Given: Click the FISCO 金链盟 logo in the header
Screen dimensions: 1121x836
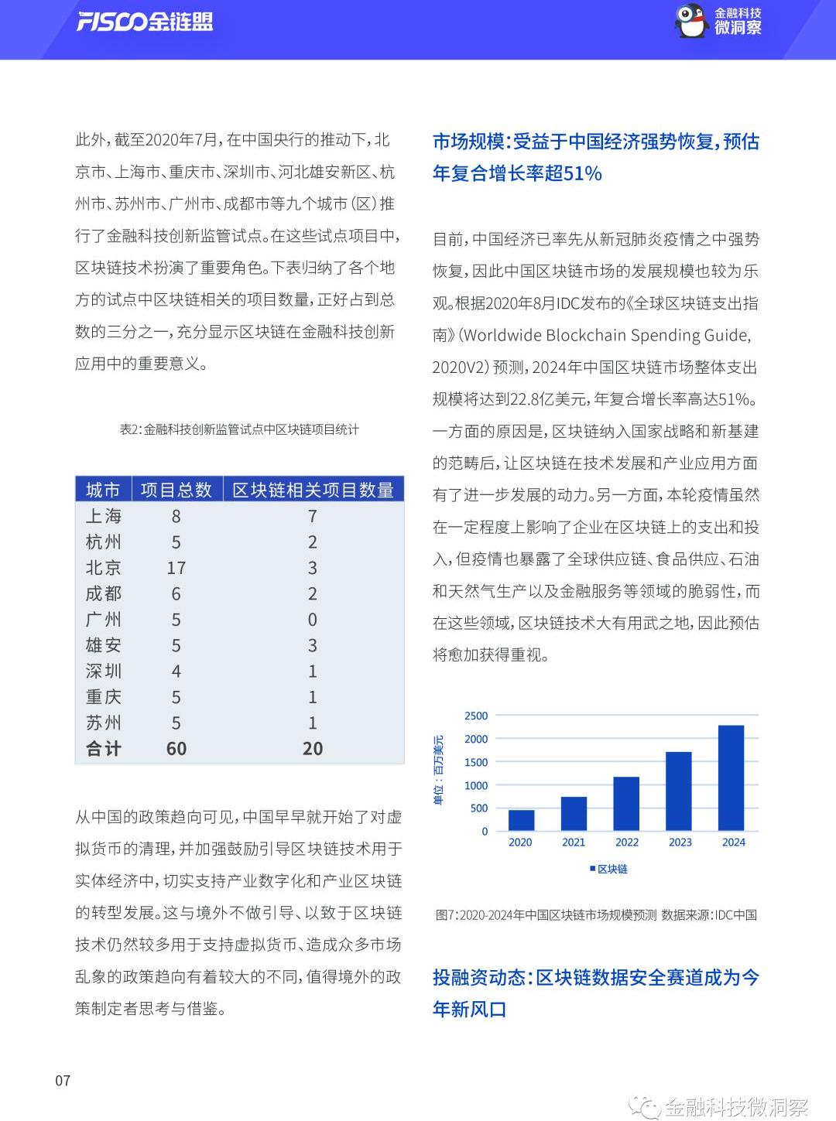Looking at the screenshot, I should [144, 22].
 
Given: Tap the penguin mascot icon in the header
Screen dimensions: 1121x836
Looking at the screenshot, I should [690, 21].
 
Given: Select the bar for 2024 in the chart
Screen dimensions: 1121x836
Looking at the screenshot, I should [731, 778].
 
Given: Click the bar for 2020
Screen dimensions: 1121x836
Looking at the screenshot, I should [521, 820].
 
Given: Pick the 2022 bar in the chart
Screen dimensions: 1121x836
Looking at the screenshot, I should [626, 803].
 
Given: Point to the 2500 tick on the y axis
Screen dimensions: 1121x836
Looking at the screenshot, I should [476, 716].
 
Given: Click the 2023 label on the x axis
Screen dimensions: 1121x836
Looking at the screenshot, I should [680, 842].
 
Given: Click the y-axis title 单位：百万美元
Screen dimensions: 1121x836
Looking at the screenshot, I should [439, 770].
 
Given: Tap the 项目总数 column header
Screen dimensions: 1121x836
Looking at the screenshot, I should [176, 490].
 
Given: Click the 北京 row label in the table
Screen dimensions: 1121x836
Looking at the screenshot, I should [103, 568].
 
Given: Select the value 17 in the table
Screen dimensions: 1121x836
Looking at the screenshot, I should [176, 568].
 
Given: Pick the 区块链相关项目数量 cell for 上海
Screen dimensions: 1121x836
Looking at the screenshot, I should [312, 516].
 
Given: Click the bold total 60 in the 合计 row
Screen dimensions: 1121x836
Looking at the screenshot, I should [176, 749].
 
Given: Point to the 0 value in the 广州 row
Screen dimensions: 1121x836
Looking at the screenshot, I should [312, 620].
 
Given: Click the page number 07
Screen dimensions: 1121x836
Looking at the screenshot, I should [63, 1081].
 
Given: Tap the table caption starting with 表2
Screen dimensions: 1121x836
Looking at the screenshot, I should [239, 429].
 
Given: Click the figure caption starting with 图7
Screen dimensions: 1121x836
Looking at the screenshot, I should [596, 915].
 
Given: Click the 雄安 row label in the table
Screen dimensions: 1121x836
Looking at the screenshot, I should [103, 645].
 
